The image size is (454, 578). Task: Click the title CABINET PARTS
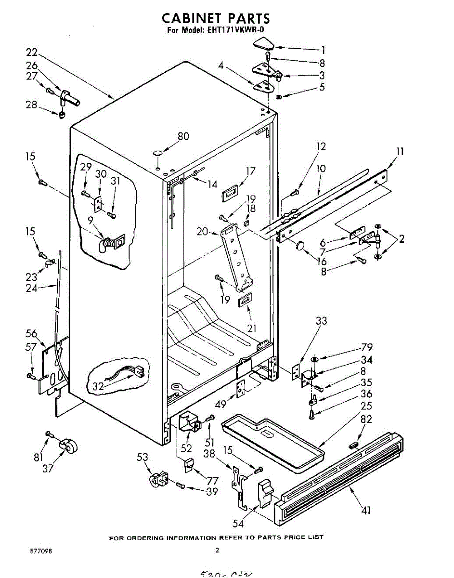tap(215, 18)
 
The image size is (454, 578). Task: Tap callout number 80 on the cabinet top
tap(183, 136)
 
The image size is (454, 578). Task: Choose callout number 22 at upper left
tap(32, 52)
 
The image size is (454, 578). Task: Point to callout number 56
tap(31, 333)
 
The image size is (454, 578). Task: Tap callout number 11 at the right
tap(400, 152)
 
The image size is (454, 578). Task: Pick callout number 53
tap(142, 457)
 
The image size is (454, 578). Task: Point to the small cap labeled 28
tap(62, 115)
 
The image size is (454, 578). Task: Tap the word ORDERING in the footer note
tap(144, 537)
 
